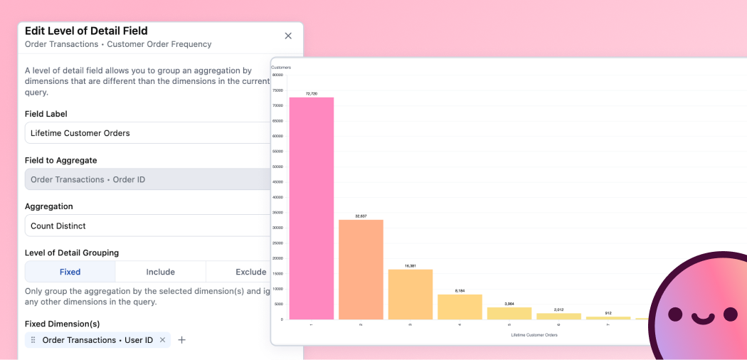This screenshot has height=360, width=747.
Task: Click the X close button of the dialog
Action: pos(288,36)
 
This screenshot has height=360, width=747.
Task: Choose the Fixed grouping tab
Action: pos(70,272)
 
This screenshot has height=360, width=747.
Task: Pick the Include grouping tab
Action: pos(161,272)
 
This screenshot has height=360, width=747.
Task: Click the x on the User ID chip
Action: pos(162,340)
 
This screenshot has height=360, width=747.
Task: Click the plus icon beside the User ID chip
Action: pos(181,340)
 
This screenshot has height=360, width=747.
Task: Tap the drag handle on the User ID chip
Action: pos(33,340)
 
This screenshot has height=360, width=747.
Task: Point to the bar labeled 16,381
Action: pos(410,294)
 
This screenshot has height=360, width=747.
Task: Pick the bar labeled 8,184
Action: pos(460,307)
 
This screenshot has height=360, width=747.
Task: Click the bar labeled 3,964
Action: pos(509,313)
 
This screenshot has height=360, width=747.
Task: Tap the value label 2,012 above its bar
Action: pos(558,309)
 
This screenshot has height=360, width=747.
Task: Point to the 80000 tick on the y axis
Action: pos(277,75)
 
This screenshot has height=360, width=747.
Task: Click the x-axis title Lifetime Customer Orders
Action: pos(534,334)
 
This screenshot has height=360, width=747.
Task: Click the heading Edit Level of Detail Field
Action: pos(86,31)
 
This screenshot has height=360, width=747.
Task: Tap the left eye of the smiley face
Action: pos(676,314)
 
